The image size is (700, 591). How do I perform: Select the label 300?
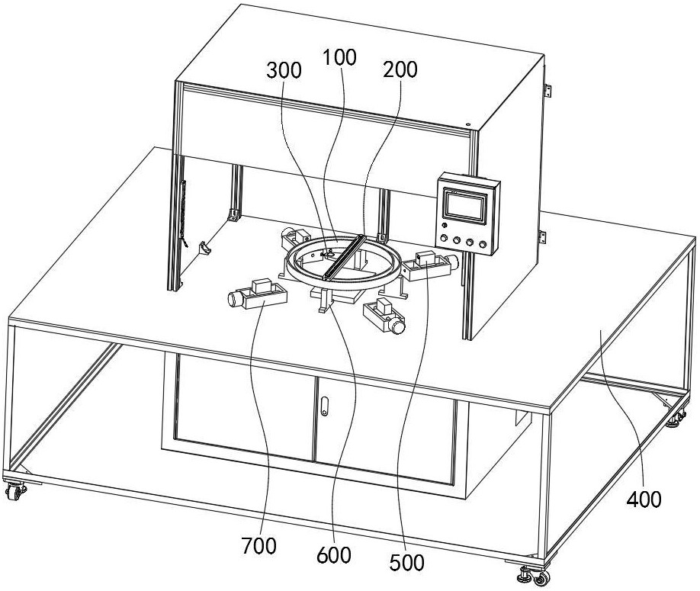point(283,71)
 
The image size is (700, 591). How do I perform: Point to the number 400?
point(645,499)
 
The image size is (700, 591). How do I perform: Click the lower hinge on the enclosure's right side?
point(543,236)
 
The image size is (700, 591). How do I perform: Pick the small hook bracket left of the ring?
point(204,248)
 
